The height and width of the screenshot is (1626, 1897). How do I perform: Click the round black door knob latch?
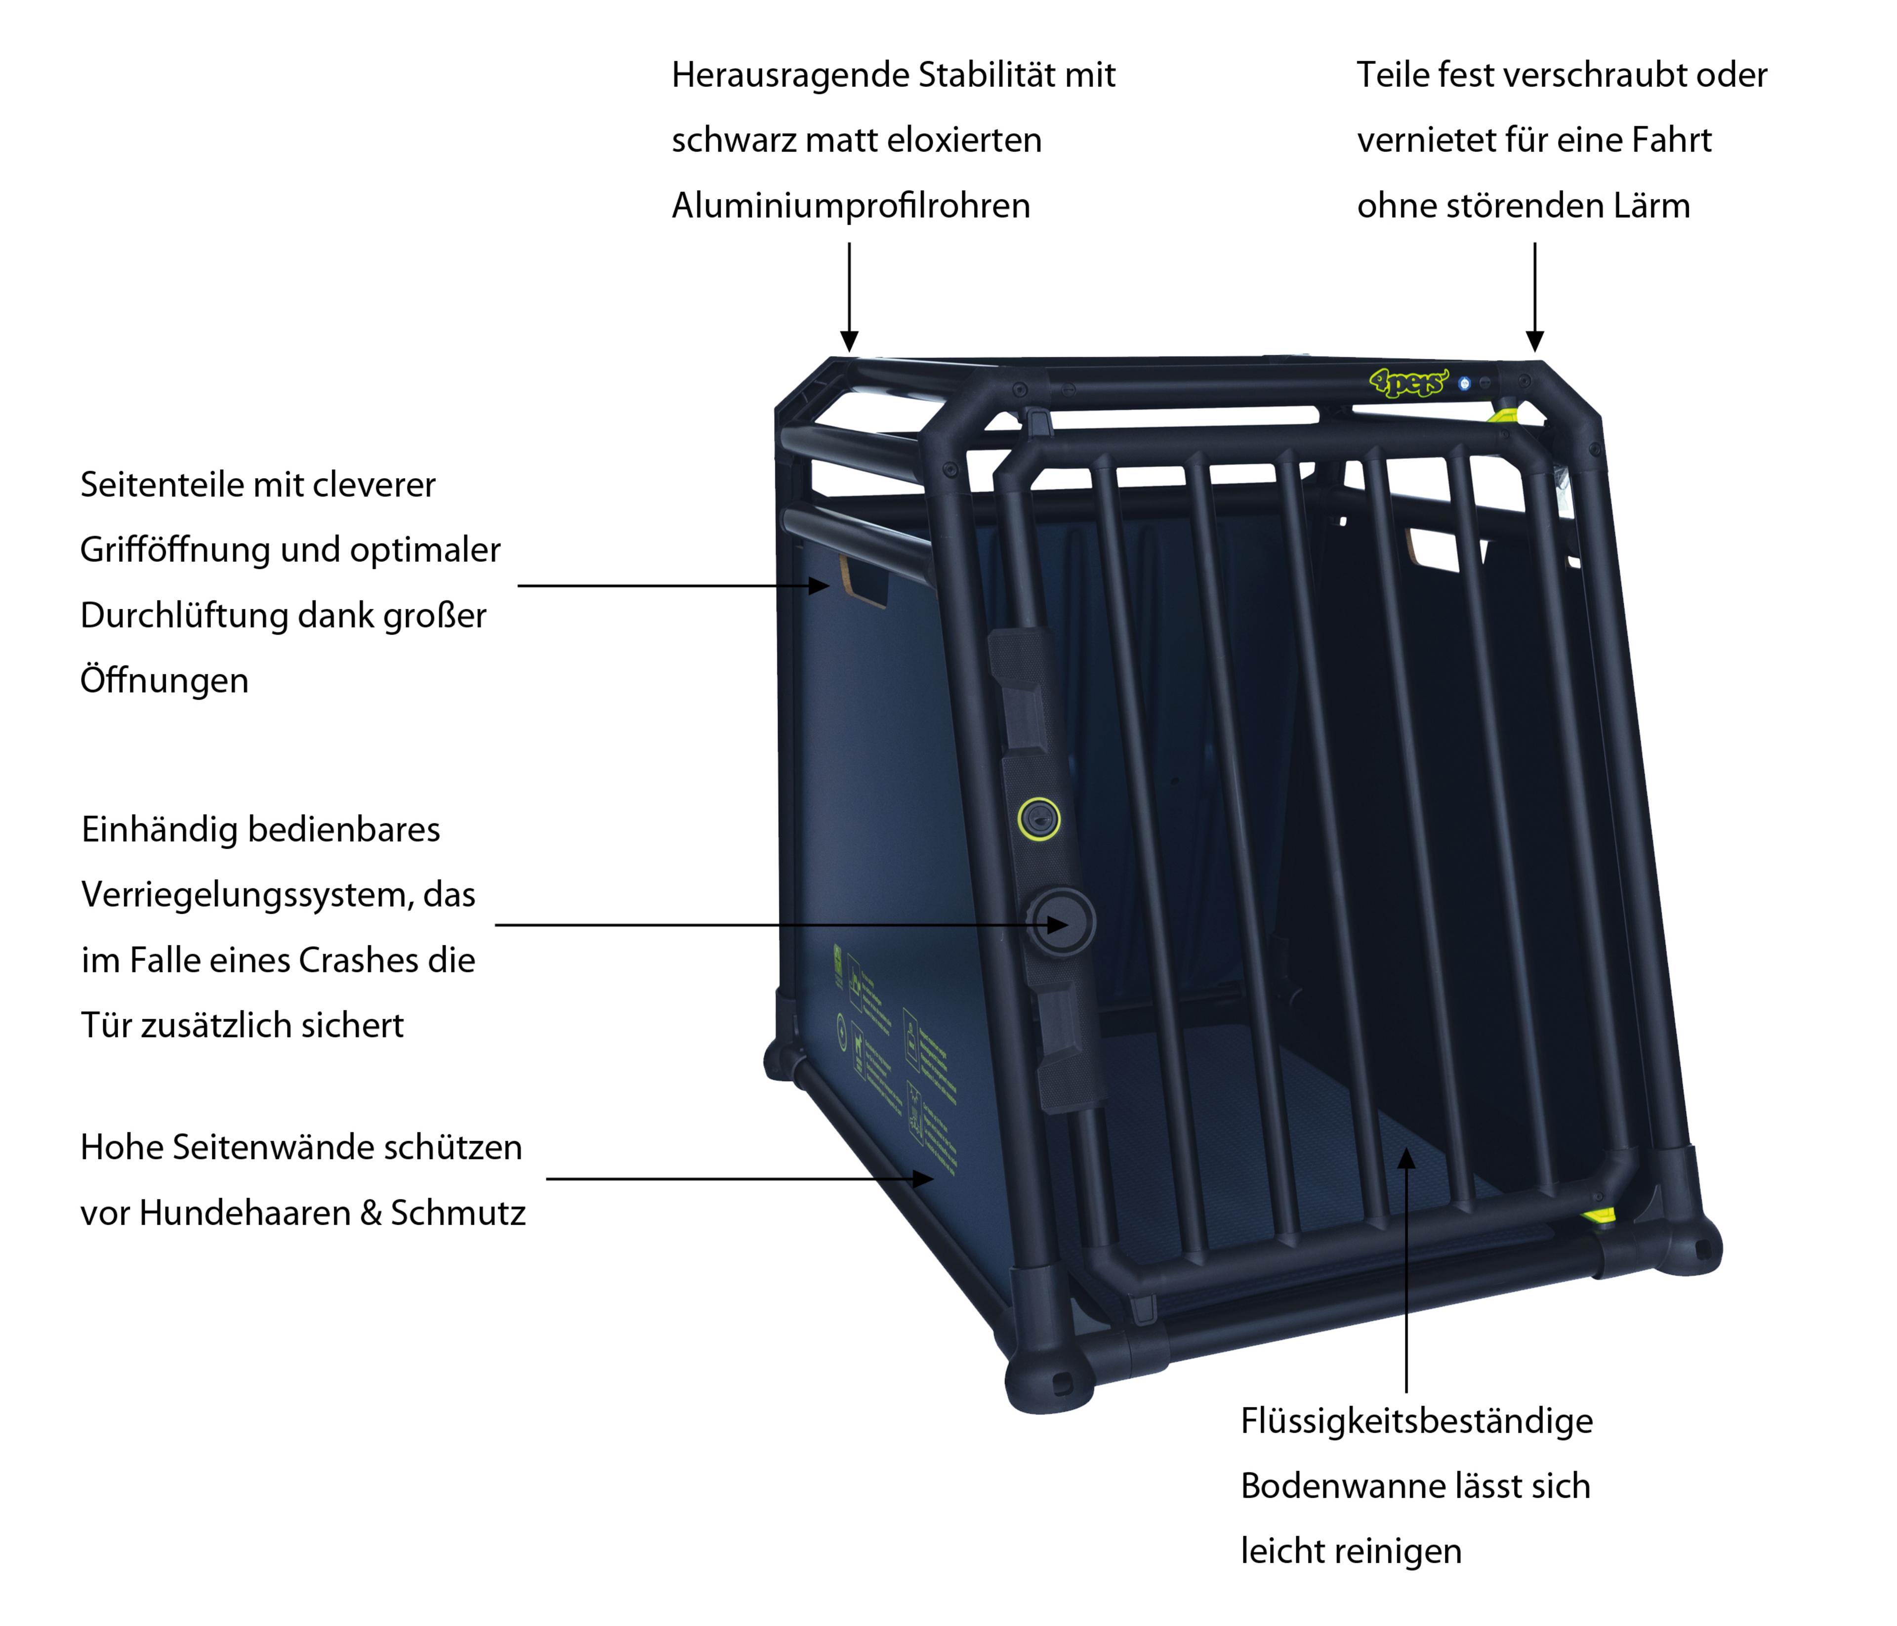pos(1060,923)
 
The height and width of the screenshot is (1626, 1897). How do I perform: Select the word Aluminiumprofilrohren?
pos(851,206)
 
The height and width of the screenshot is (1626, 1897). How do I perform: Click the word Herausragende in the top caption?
pos(789,75)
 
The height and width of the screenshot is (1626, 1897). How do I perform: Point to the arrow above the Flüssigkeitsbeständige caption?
pos(1406,1273)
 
